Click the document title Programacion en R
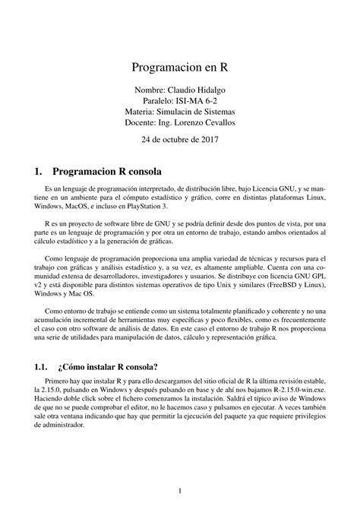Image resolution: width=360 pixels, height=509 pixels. click(x=180, y=66)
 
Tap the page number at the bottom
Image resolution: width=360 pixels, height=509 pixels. click(x=180, y=490)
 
